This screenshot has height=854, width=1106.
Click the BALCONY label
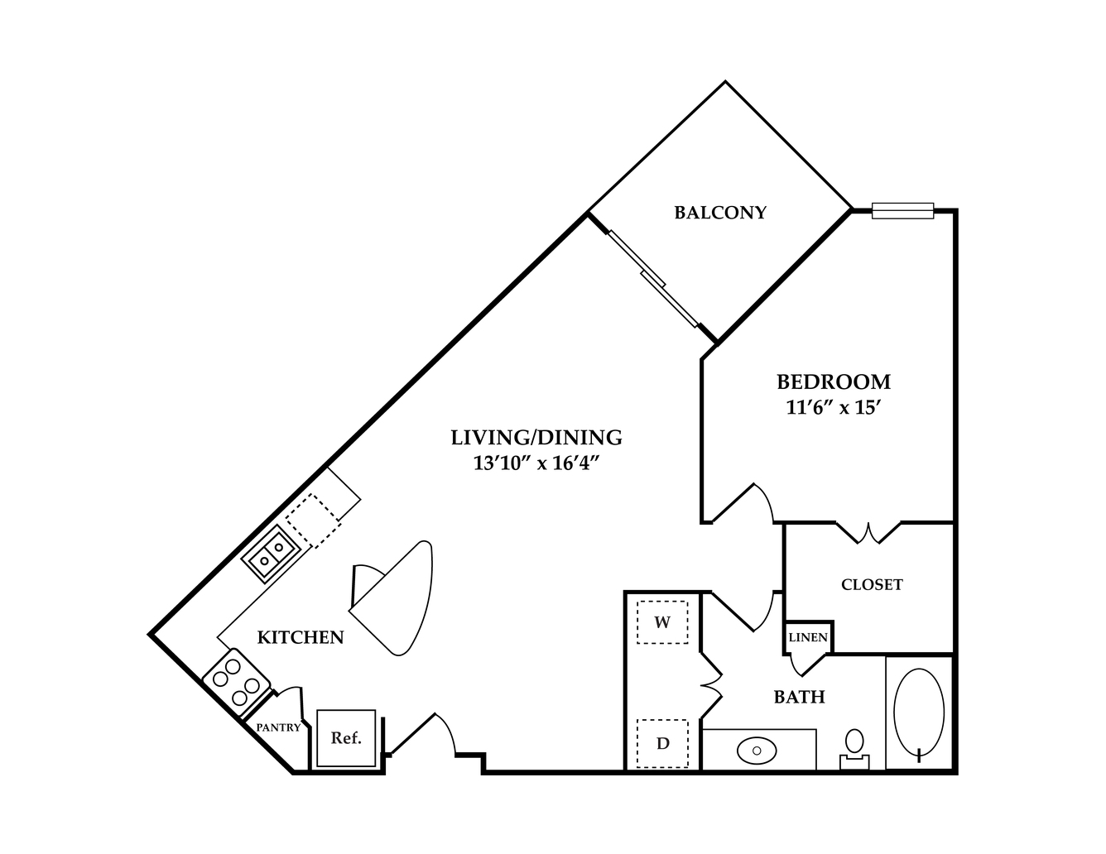pyautogui.click(x=720, y=213)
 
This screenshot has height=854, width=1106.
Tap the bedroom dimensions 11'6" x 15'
pyautogui.click(x=833, y=407)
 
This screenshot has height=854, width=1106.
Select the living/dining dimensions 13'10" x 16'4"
pyautogui.click(x=536, y=463)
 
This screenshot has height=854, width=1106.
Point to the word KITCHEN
pyautogui.click(x=301, y=637)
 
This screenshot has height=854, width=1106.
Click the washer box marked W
pyautogui.click(x=662, y=622)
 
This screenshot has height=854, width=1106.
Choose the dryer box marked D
pyautogui.click(x=662, y=744)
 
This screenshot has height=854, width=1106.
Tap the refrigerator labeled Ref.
pyautogui.click(x=346, y=738)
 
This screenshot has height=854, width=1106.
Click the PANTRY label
pyautogui.click(x=278, y=727)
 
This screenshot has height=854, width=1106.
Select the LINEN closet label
pyautogui.click(x=808, y=637)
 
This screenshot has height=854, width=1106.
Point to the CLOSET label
pyautogui.click(x=872, y=584)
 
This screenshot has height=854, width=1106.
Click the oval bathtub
pyautogui.click(x=919, y=712)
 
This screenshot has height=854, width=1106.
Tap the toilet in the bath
pyautogui.click(x=854, y=749)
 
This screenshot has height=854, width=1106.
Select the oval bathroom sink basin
pyautogui.click(x=757, y=751)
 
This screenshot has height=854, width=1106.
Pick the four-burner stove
pyautogui.click(x=236, y=682)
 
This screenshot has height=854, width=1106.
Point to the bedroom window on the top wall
pyautogui.click(x=902, y=210)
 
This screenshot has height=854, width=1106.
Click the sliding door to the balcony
pyautogui.click(x=654, y=279)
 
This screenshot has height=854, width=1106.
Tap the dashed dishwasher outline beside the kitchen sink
pyautogui.click(x=313, y=521)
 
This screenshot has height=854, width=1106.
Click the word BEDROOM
pyautogui.click(x=833, y=382)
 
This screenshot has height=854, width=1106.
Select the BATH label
pyautogui.click(x=799, y=696)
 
